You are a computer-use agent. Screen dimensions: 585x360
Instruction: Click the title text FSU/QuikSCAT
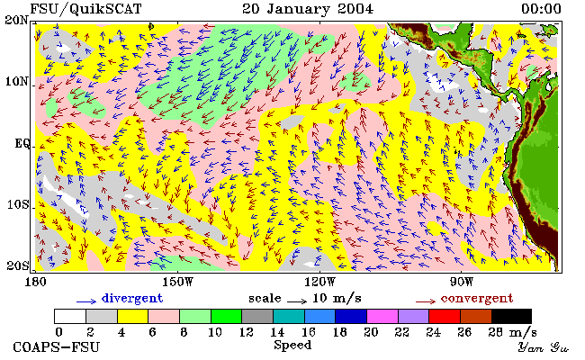click(85, 9)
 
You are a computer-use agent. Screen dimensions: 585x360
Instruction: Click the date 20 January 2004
click(308, 9)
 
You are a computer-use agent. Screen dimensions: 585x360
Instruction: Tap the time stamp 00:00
click(541, 9)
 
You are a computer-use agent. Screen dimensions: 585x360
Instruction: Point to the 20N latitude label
click(17, 20)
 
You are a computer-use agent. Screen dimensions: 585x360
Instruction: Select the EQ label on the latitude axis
click(22, 143)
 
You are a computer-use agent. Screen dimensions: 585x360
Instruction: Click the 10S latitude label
click(18, 204)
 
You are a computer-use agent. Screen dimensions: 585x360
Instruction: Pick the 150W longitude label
click(178, 282)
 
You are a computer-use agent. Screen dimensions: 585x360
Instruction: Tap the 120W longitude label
click(320, 282)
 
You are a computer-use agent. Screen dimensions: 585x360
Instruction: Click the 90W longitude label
click(462, 282)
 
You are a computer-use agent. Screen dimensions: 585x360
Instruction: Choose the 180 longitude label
click(36, 282)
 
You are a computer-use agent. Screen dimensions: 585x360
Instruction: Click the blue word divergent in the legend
click(132, 298)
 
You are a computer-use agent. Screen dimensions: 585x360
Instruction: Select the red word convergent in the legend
click(477, 299)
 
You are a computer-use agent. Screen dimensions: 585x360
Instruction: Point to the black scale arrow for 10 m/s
click(297, 301)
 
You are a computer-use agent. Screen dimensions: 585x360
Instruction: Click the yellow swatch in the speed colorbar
click(133, 316)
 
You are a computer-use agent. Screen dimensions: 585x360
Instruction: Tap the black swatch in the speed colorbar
click(511, 316)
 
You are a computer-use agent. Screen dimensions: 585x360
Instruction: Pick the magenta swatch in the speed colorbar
click(382, 316)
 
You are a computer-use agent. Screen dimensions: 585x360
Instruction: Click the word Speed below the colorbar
click(292, 345)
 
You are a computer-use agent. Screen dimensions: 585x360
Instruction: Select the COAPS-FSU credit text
click(57, 347)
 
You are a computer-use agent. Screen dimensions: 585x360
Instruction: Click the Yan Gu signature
click(543, 347)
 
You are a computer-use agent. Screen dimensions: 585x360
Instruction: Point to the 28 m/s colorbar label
click(513, 331)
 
